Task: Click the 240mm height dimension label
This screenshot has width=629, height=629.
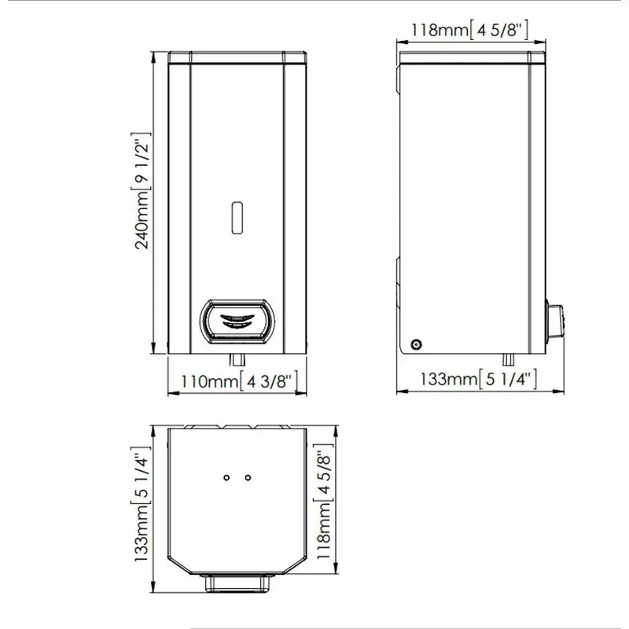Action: point(142,191)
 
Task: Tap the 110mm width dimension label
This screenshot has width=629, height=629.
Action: point(240,381)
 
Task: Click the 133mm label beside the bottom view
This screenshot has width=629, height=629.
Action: point(142,504)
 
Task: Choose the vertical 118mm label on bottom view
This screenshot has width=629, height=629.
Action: point(324,502)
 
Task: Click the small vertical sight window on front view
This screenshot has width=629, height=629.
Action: point(237,218)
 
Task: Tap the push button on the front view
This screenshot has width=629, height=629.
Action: point(238,322)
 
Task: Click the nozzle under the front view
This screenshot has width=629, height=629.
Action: point(237,359)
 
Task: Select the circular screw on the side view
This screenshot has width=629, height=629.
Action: point(417,344)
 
